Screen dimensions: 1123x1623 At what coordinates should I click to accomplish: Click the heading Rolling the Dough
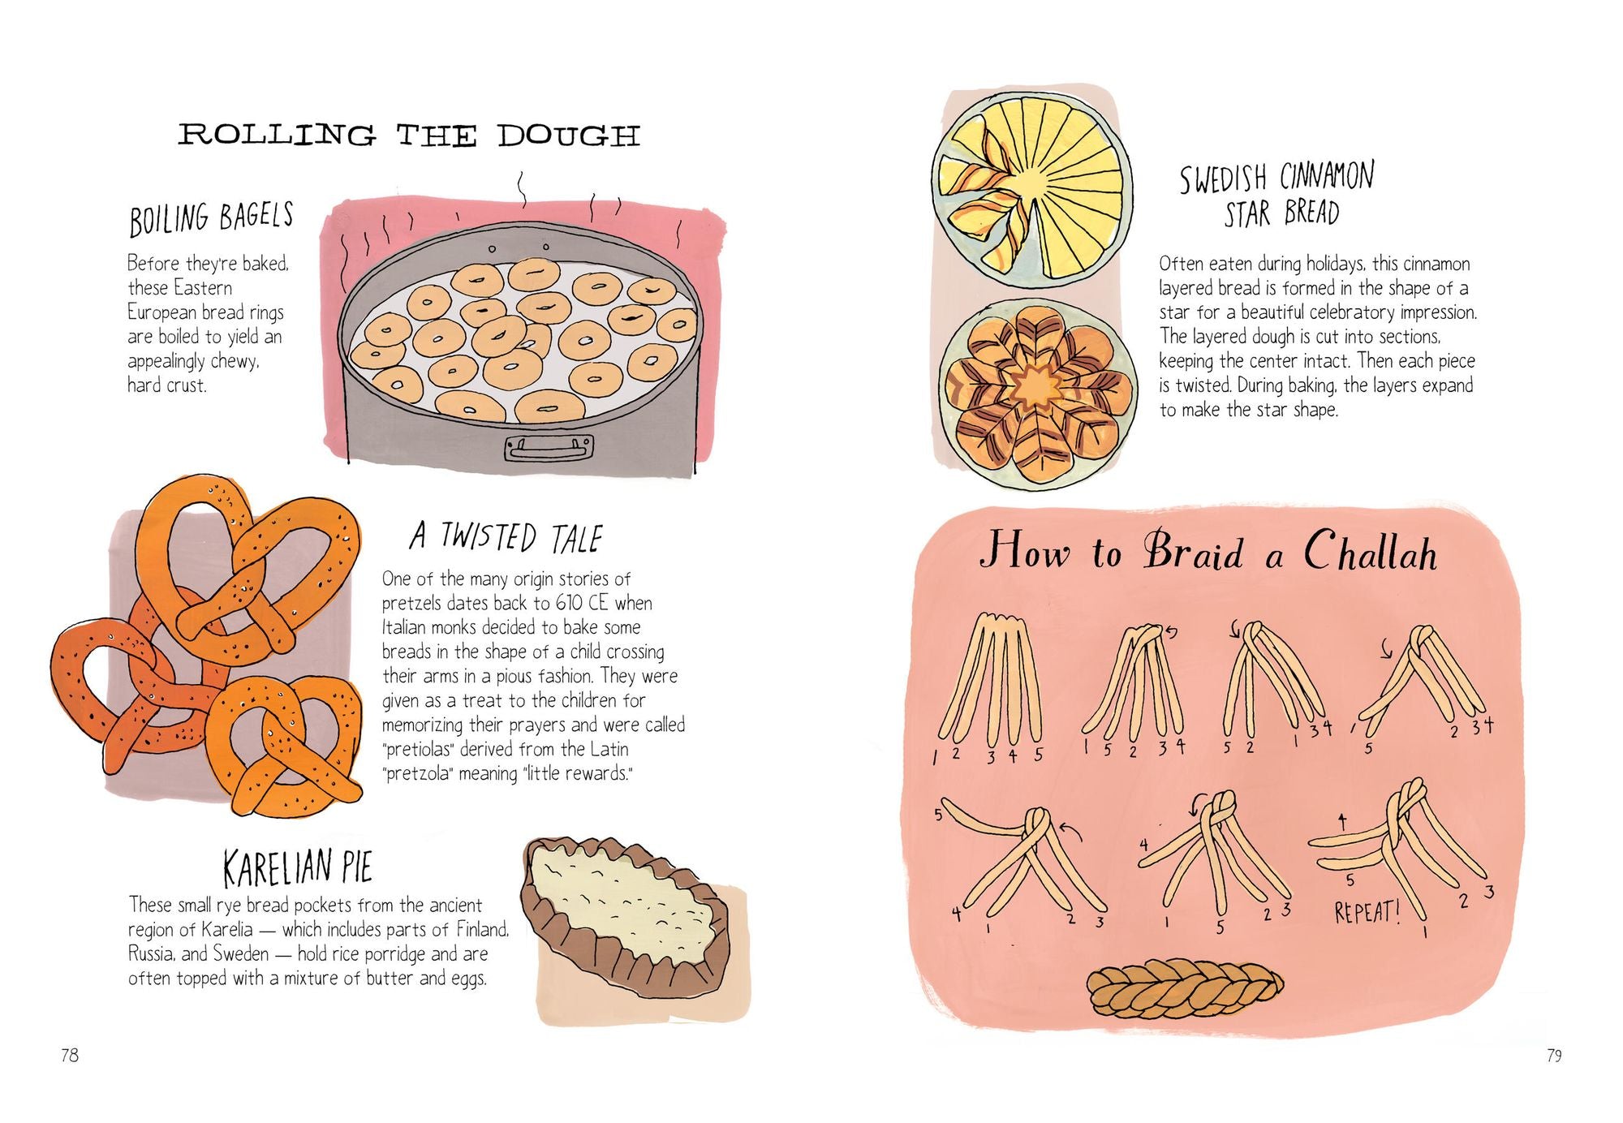(408, 136)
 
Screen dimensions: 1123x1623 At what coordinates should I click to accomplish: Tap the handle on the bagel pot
(549, 447)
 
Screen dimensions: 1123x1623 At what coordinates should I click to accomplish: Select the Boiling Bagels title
(211, 218)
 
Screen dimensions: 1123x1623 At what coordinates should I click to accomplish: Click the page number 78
(70, 1055)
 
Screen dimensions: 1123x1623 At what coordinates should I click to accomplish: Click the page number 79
(1553, 1055)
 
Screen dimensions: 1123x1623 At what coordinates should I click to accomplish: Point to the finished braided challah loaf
(1185, 990)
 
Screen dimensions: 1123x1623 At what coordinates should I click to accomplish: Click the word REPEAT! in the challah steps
(1367, 912)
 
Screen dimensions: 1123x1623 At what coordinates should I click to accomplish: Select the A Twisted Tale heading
(506, 537)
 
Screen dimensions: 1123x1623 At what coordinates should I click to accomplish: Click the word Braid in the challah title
(1193, 553)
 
